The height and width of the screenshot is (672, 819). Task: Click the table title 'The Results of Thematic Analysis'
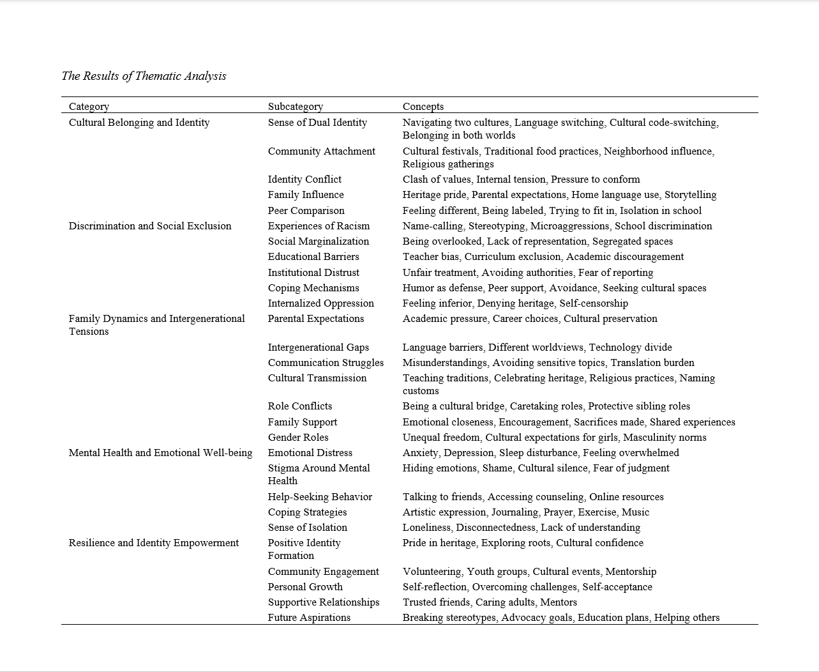click(x=144, y=76)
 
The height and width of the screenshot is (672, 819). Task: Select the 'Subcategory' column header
click(x=295, y=107)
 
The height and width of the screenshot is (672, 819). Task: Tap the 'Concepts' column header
click(x=423, y=107)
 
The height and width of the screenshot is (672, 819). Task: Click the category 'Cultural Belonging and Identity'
click(x=139, y=123)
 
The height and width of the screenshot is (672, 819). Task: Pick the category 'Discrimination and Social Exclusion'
click(x=150, y=226)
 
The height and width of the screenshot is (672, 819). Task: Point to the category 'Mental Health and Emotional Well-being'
click(x=160, y=453)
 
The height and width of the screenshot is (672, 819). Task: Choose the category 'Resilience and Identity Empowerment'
click(x=154, y=543)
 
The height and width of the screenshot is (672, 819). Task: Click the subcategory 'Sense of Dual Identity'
click(x=317, y=123)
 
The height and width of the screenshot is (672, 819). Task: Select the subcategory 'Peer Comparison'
click(x=306, y=211)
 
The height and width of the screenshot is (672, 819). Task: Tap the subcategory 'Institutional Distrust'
click(x=313, y=273)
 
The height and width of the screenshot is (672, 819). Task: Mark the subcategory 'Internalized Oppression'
click(x=320, y=303)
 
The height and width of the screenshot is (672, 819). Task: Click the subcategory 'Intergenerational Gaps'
click(x=318, y=347)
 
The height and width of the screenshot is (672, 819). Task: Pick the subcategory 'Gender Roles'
click(x=298, y=438)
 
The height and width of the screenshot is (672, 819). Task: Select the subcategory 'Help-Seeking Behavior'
click(x=320, y=497)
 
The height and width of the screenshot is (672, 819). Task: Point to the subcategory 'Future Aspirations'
click(x=309, y=618)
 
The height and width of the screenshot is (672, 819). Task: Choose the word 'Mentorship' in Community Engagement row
click(x=631, y=572)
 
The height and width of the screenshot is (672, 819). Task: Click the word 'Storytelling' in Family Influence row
click(x=690, y=195)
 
